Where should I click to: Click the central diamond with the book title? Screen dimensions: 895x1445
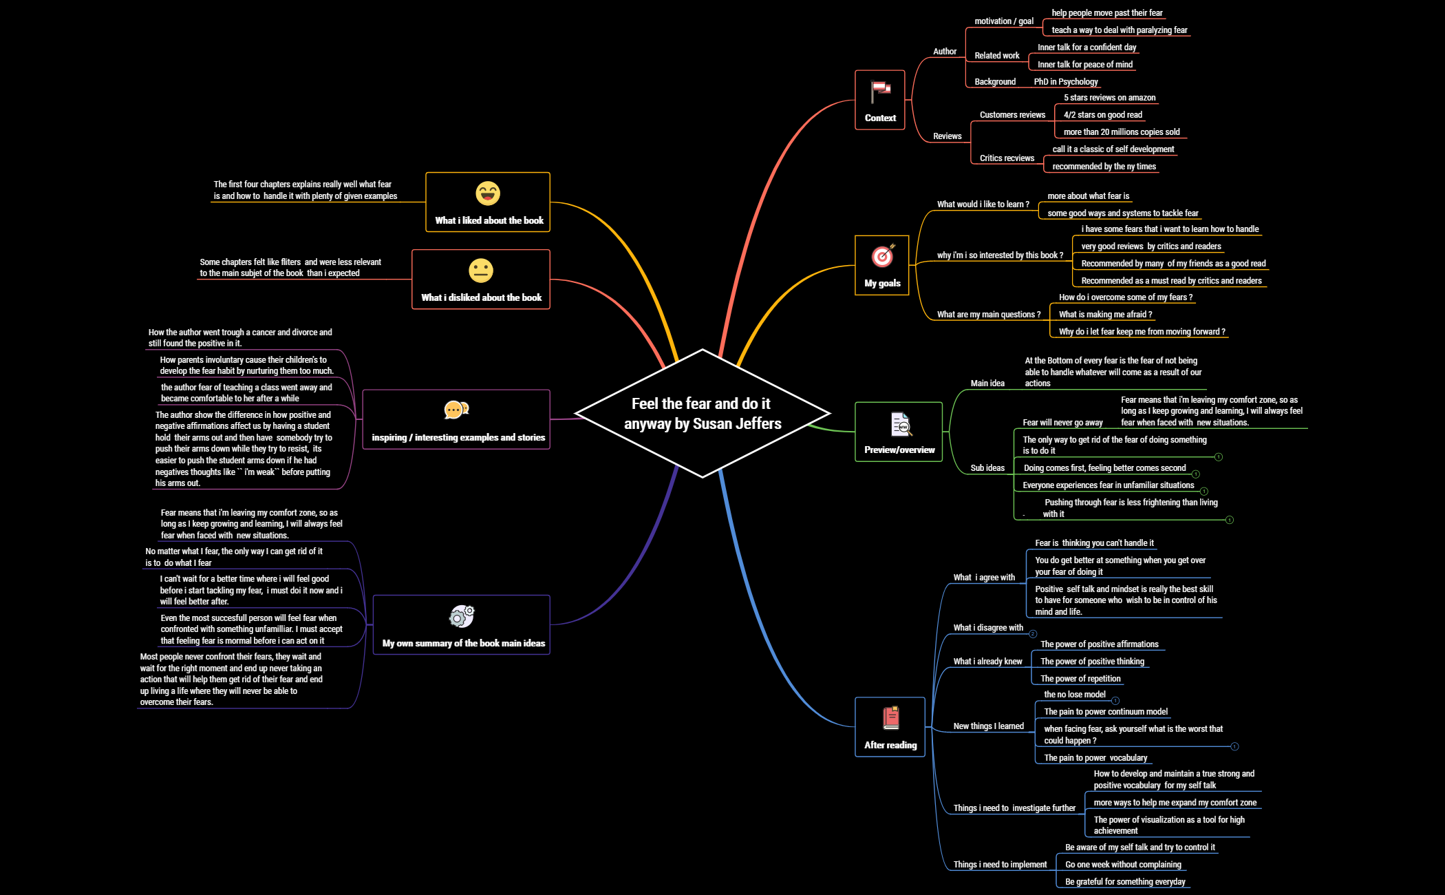[x=703, y=413]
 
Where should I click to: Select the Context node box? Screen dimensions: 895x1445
[x=879, y=100]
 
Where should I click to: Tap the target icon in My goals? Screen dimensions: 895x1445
[x=882, y=256]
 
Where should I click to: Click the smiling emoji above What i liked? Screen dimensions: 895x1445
[x=488, y=193]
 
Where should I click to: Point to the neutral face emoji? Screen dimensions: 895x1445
[x=481, y=271]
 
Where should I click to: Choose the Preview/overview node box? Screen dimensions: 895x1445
[x=899, y=432]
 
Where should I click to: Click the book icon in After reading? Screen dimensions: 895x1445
[x=891, y=718]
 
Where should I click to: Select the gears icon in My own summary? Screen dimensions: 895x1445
[x=462, y=616]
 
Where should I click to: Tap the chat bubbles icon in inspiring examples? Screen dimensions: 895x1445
[x=456, y=410]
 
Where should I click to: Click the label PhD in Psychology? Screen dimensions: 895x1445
[x=1066, y=82]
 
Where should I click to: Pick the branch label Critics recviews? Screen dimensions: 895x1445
[x=1007, y=158]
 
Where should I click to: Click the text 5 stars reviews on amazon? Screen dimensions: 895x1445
[x=1109, y=98]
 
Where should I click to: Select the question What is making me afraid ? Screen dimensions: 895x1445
[x=1105, y=315]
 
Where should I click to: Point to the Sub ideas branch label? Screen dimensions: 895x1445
[x=987, y=468]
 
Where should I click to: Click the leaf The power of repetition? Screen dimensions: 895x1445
[x=1080, y=679]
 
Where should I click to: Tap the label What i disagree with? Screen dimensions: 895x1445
[x=988, y=628]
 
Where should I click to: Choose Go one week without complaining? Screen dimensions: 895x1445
[x=1123, y=865]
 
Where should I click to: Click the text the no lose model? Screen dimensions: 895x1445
[x=1075, y=695]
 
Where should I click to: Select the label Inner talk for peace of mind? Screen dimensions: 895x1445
[x=1085, y=65]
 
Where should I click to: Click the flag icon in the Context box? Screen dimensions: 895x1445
[x=880, y=89]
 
